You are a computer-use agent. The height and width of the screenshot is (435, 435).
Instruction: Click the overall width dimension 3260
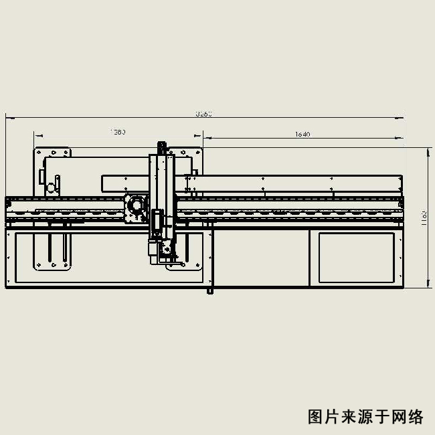click(x=204, y=114)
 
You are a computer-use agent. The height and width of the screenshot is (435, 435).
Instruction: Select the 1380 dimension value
click(x=118, y=132)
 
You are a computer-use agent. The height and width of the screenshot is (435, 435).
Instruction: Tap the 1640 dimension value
click(x=302, y=135)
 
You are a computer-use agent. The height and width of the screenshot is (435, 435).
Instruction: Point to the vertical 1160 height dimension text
click(x=424, y=218)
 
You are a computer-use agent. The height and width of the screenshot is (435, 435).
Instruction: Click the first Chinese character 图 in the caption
click(x=315, y=417)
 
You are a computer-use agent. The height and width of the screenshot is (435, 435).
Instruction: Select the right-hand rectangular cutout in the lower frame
click(x=356, y=257)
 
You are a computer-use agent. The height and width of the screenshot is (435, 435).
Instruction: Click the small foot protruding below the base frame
click(x=209, y=290)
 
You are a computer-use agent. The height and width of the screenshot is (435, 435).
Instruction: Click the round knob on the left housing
click(x=50, y=187)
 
